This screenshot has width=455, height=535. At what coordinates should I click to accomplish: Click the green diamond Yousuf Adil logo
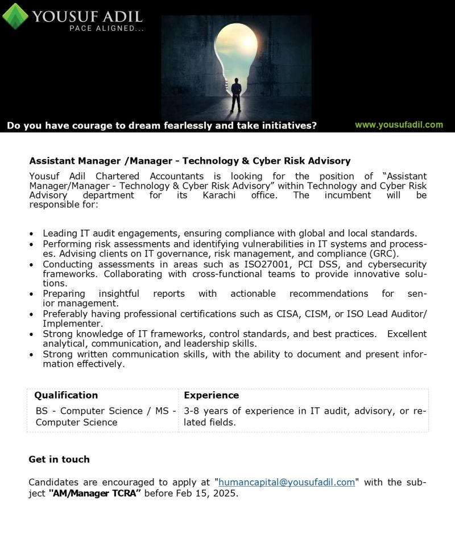tap(15, 16)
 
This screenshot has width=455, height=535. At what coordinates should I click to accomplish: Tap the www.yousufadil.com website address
tap(399, 125)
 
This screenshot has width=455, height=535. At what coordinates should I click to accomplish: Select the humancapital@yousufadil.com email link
tap(287, 482)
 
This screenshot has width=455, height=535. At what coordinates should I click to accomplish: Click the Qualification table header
tap(66, 395)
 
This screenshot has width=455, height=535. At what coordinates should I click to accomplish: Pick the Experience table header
tap(212, 395)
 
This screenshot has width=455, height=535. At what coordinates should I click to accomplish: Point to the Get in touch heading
tap(59, 459)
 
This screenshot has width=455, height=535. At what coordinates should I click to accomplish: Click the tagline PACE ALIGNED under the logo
tap(106, 28)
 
